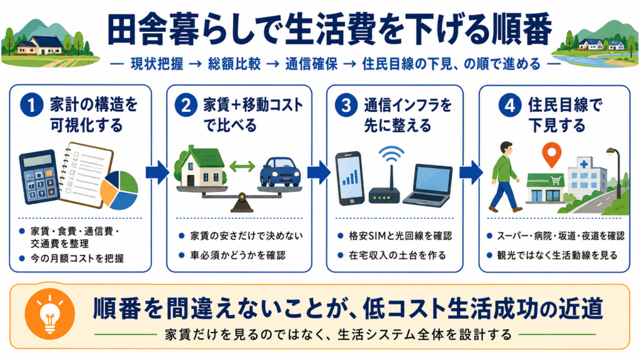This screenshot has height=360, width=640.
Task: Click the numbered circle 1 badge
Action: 31,105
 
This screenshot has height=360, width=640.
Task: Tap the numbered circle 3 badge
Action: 346,105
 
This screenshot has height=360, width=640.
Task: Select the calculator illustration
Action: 37,176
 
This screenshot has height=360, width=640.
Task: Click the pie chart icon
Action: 119,190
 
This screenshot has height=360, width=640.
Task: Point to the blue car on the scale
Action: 281,172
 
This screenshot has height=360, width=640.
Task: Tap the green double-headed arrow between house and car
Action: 242,166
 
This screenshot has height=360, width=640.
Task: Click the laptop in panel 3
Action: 427,184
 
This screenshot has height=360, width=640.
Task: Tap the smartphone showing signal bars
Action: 350,178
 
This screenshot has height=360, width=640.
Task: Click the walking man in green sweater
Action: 505,176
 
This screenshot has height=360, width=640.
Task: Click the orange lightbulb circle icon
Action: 50,314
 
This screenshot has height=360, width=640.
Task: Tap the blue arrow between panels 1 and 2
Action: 157,172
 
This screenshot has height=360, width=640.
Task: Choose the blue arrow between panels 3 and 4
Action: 471,172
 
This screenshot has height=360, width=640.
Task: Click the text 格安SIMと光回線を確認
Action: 400,236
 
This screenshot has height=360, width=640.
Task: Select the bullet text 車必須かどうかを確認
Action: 238,256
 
